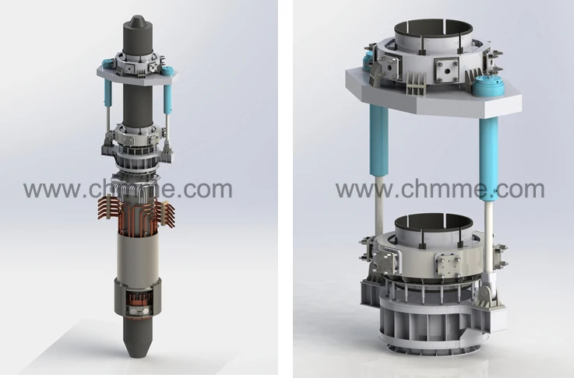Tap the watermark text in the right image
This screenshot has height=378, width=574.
point(440,189)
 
